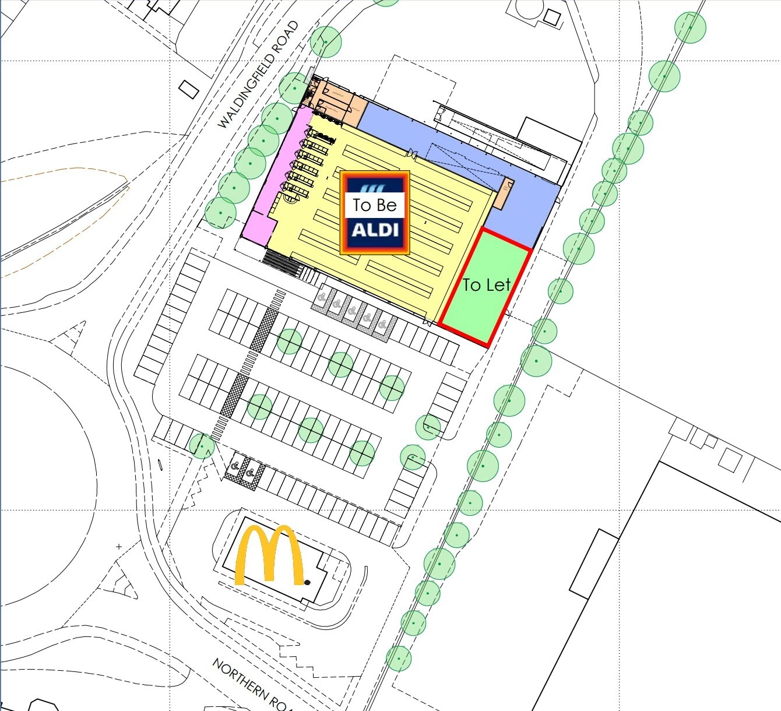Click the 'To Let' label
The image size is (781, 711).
click(x=486, y=285)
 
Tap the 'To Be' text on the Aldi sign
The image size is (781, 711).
click(x=374, y=205)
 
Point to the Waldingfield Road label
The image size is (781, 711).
click(x=258, y=75)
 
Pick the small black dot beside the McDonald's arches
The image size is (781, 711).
click(x=307, y=582)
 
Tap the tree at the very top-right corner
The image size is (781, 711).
click(x=690, y=27)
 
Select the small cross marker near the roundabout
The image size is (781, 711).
click(x=119, y=547)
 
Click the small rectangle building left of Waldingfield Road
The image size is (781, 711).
click(x=188, y=89)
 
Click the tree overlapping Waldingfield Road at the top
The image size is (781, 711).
click(x=325, y=41)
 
